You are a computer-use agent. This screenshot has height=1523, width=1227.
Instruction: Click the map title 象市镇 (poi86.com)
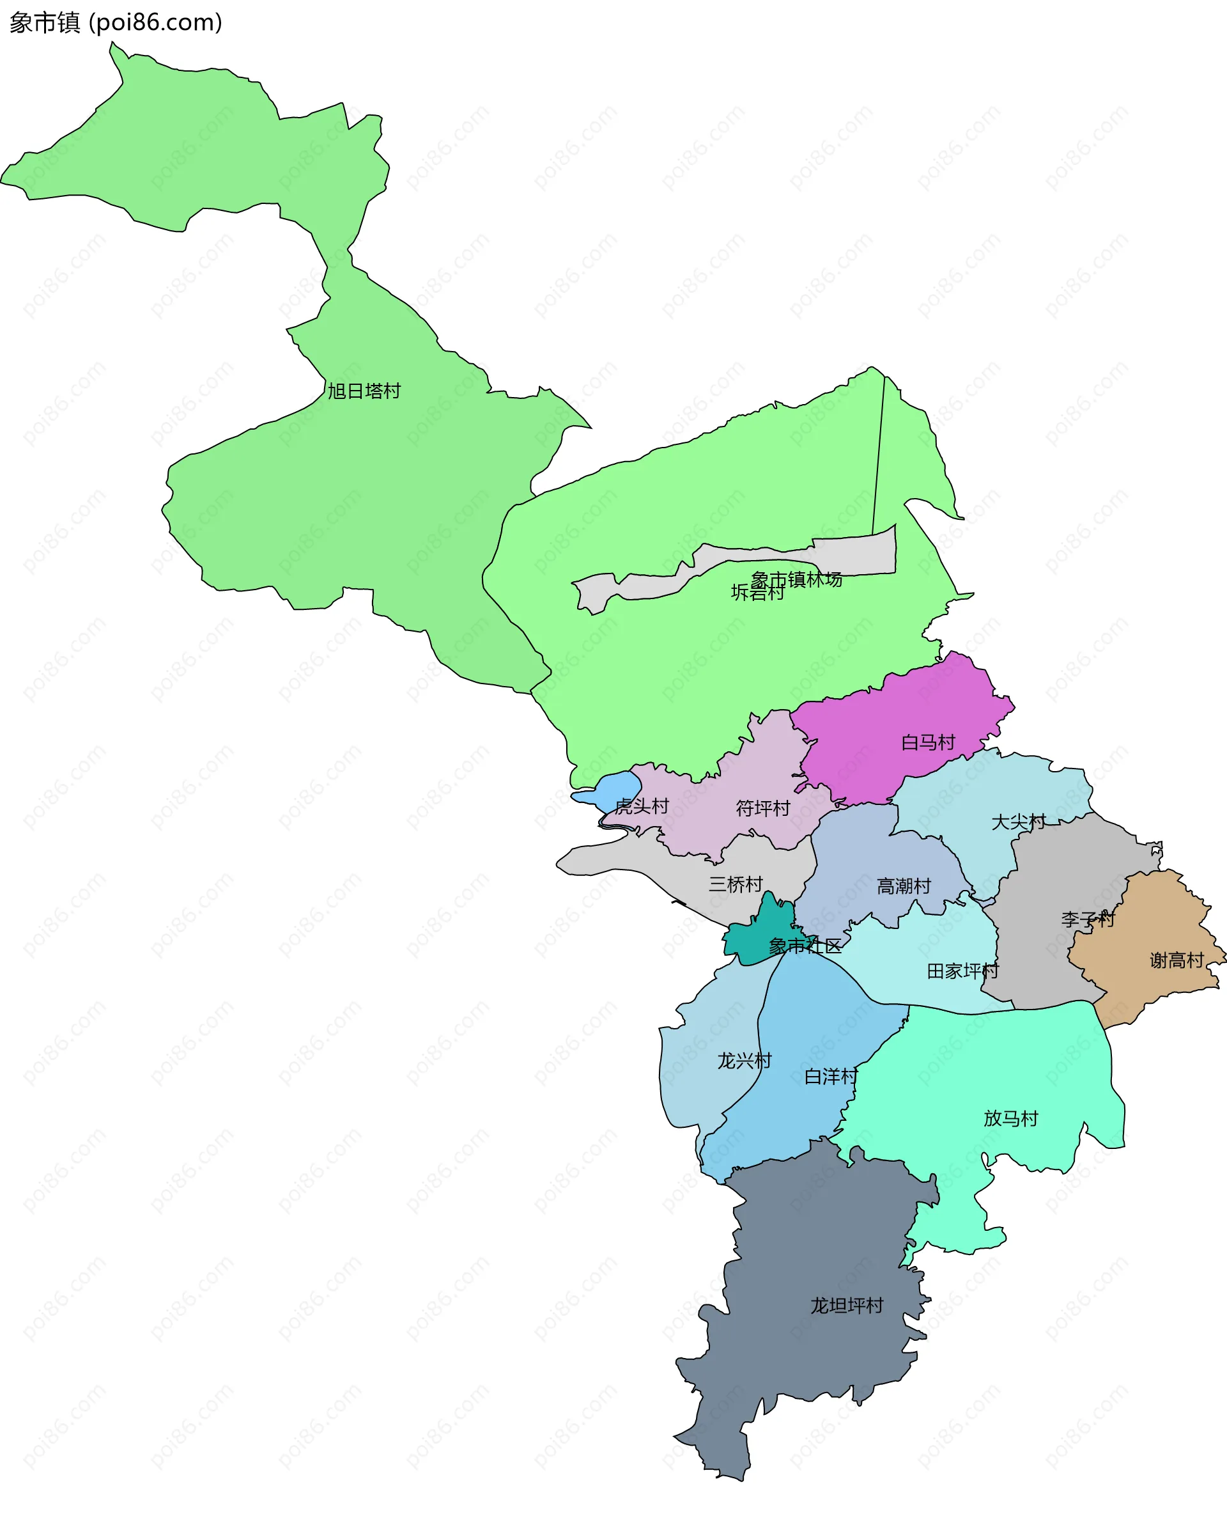116,22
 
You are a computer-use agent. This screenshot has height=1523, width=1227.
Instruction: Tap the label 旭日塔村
364,391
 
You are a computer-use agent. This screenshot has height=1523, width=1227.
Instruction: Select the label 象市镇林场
796,579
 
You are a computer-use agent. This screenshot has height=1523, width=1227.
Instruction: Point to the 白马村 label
928,742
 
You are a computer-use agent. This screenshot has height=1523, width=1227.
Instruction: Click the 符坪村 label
762,808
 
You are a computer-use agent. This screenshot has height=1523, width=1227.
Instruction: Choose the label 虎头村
642,806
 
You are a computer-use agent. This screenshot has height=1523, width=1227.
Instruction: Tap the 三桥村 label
736,884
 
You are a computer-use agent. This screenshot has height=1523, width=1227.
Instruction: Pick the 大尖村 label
1019,822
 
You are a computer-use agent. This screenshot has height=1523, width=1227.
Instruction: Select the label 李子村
1088,919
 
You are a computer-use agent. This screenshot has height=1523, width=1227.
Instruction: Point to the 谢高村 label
1177,960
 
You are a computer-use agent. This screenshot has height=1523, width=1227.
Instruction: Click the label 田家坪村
962,971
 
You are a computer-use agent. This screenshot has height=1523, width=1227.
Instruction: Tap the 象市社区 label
805,946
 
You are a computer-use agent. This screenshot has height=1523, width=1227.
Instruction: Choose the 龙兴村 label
745,1061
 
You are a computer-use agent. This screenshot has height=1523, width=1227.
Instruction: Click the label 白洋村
831,1076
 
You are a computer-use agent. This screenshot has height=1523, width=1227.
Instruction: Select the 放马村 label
1011,1118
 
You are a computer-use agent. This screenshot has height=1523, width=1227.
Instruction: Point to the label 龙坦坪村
847,1305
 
